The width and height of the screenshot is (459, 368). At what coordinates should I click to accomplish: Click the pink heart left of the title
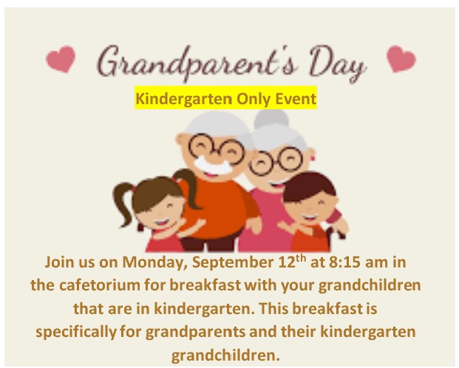61,59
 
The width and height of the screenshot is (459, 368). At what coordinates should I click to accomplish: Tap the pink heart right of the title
401,58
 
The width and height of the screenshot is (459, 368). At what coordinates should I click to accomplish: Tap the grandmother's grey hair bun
271,118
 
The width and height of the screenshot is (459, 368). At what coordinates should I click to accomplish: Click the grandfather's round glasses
216,148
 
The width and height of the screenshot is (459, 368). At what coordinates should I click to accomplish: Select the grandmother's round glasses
276,161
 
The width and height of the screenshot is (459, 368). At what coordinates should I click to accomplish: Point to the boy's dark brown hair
308,187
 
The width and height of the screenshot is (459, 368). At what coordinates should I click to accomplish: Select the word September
232,262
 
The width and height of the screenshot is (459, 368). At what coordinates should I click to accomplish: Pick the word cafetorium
100,284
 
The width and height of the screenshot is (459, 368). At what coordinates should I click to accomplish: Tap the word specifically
76,333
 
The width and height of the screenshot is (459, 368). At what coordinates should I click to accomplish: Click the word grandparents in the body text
196,333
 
